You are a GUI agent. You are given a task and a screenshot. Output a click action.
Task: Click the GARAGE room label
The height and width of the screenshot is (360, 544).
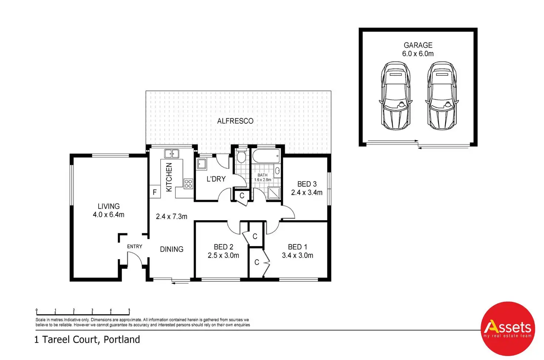click(418, 45)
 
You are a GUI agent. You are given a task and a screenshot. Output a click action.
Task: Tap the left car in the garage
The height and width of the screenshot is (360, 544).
click(395, 96)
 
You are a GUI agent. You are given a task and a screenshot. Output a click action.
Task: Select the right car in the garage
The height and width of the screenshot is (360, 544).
click(442, 96)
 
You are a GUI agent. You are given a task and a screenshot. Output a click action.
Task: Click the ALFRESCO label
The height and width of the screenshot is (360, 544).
click(235, 121)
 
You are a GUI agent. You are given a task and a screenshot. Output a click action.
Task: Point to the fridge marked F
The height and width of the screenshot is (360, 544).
click(155, 192)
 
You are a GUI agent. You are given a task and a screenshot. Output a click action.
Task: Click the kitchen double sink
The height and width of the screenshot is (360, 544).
click(172, 153)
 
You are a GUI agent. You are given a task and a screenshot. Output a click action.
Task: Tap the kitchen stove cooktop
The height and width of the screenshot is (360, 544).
click(188, 184)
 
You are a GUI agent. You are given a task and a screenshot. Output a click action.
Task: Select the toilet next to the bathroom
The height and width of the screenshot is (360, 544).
click(241, 156)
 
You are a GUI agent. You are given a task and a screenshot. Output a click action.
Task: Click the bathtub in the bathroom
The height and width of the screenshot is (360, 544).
click(266, 156)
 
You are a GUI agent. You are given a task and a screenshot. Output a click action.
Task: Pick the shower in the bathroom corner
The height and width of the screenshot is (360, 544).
click(274, 193)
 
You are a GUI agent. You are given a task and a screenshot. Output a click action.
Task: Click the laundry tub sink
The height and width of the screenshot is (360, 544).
click(201, 164)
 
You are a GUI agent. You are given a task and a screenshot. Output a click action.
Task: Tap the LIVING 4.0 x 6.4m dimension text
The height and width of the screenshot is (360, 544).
click(109, 215)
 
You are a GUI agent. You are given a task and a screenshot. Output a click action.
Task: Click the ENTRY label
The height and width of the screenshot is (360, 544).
click(135, 247)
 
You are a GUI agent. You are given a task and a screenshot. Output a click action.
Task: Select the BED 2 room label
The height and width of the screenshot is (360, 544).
click(224, 247)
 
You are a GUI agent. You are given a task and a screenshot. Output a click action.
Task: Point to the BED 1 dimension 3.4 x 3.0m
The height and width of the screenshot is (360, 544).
click(297, 255)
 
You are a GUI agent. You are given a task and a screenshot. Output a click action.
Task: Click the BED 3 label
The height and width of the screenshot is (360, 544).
click(307, 184)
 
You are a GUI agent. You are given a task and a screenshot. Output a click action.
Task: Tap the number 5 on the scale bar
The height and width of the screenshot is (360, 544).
click(129, 310)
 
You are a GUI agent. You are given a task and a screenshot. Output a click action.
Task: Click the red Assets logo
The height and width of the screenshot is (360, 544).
click(508, 329)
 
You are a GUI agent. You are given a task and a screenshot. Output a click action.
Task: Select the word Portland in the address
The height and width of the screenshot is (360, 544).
click(122, 340)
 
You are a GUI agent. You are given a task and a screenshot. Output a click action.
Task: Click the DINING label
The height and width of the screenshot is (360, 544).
click(172, 249)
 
